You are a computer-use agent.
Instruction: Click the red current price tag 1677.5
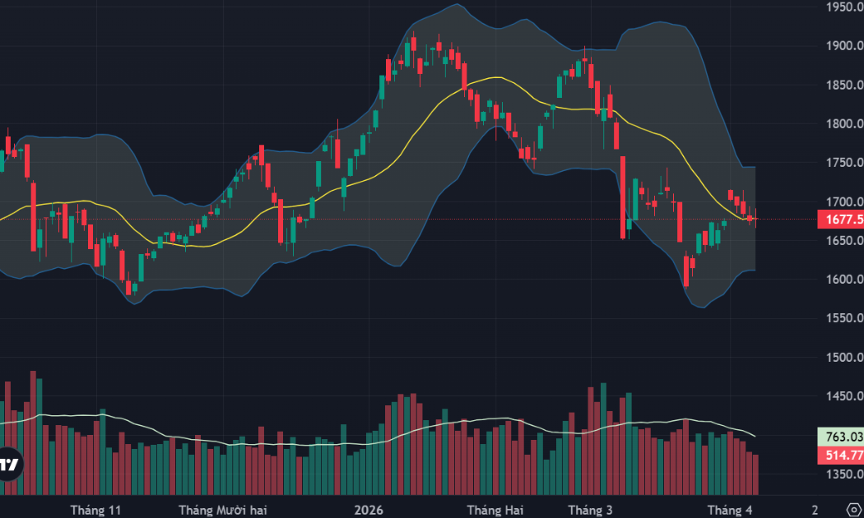[x=840, y=220]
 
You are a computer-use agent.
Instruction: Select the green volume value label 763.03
[x=840, y=437]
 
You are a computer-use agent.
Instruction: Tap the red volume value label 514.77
[x=840, y=456]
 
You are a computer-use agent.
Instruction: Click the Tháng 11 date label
[x=95, y=510]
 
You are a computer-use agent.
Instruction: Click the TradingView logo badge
[x=10, y=464]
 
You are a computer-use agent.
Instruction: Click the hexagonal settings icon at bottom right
[x=853, y=510]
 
